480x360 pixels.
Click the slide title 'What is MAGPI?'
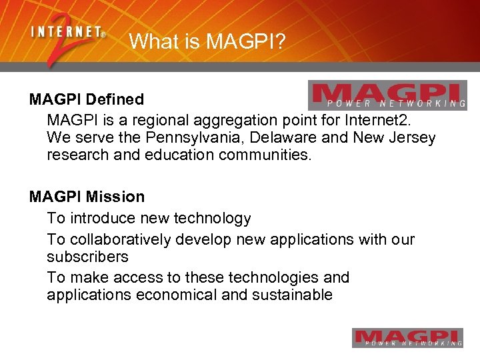tap(207, 41)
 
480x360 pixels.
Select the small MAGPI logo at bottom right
tap(407, 338)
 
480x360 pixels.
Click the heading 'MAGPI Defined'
tap(87, 99)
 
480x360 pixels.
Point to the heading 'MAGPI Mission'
tap(87, 197)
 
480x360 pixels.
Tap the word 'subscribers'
tap(87, 257)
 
